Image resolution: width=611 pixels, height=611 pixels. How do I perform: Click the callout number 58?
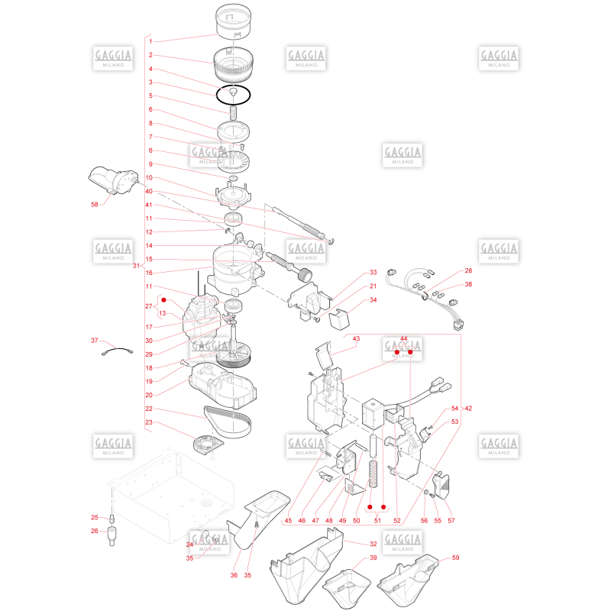point(94,205)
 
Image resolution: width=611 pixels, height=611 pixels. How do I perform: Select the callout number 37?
point(94,341)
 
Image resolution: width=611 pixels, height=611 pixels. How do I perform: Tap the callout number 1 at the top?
point(150,41)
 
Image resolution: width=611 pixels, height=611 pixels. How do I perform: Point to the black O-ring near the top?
point(234,95)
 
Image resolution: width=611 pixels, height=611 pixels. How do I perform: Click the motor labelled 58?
point(113,179)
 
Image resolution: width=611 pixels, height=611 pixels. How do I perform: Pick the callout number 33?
point(373,273)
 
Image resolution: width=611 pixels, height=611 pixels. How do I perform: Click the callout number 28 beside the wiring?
point(468,270)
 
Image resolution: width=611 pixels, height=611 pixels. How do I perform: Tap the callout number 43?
point(356,338)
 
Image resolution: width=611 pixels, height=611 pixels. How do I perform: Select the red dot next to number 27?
point(163,300)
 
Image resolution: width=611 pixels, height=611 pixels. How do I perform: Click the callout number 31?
point(136,266)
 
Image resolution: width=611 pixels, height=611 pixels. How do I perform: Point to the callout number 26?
point(94,531)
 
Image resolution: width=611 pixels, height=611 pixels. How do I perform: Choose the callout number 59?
point(455,558)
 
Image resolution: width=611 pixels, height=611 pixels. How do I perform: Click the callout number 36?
point(234,575)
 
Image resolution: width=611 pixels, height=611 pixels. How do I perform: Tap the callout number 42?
point(468,409)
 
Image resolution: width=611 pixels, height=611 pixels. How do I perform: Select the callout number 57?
point(451,521)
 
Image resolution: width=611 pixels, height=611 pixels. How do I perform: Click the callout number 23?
point(149,422)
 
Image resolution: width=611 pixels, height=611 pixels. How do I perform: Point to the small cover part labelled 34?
point(339,319)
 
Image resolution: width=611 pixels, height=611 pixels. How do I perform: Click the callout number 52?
point(396,521)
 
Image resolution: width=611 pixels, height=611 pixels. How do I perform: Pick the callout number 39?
point(373,558)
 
